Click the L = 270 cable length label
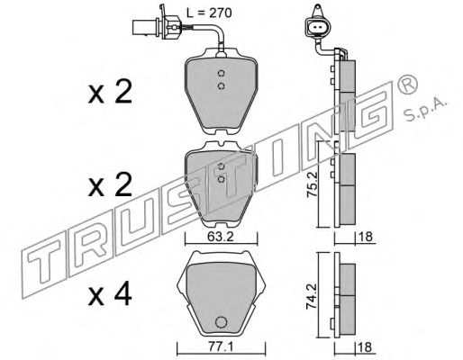[209, 13]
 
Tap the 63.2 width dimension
[221, 237]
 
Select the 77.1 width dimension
[220, 347]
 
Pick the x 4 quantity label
[110, 294]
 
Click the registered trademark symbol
[407, 85]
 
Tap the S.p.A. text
[426, 110]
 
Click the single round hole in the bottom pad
[221, 322]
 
